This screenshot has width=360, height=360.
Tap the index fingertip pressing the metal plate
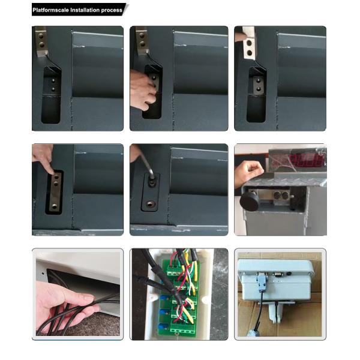coord(51,170)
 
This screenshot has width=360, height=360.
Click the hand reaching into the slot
coord(142,90)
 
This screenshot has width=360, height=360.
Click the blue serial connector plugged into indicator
coord(262,281)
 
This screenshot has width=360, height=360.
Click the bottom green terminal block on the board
coord(181,331)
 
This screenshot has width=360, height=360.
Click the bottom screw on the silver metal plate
coord(55,206)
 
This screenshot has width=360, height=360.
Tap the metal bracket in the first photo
coord(42,42)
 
